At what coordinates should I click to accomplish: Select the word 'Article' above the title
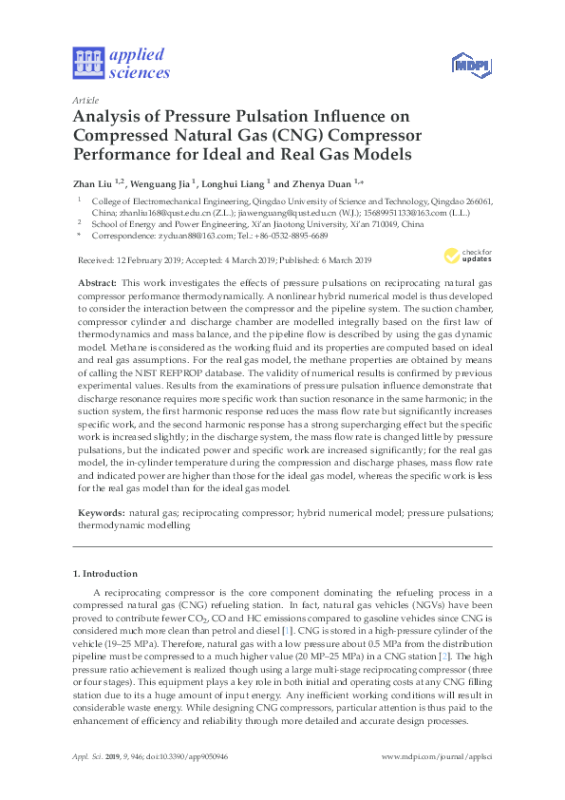85,99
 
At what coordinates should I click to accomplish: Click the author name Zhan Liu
91,182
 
